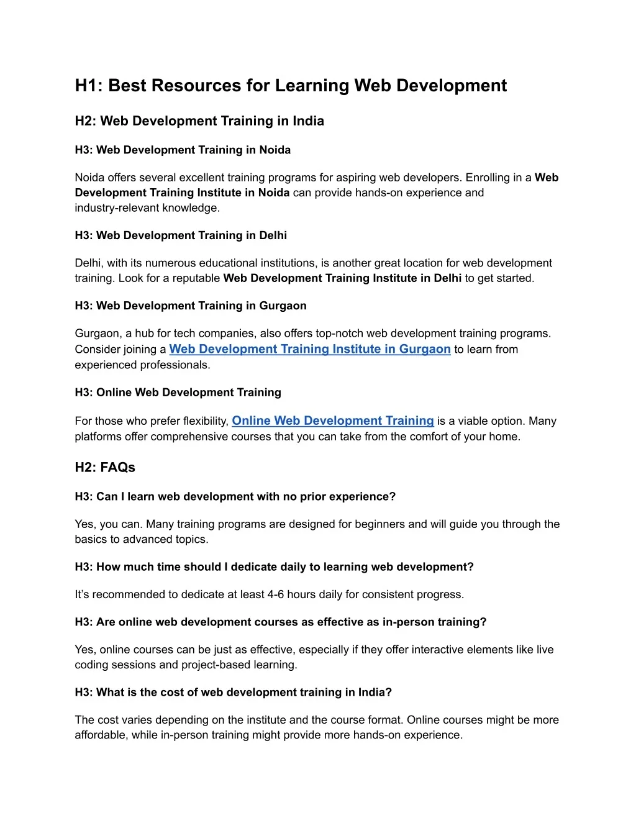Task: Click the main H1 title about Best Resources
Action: pyautogui.click(x=291, y=86)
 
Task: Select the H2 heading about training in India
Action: pyautogui.click(x=199, y=121)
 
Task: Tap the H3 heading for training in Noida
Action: pyautogui.click(x=183, y=150)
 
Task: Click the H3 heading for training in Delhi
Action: pyautogui.click(x=181, y=235)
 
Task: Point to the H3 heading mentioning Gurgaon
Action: pyautogui.click(x=191, y=306)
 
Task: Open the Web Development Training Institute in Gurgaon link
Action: pyautogui.click(x=310, y=349)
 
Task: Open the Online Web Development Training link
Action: pyautogui.click(x=333, y=421)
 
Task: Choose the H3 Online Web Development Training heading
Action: pyautogui.click(x=178, y=393)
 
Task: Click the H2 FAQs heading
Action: pyautogui.click(x=105, y=468)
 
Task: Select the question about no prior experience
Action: pyautogui.click(x=235, y=497)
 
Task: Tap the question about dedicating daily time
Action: pyautogui.click(x=274, y=567)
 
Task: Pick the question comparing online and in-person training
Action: pyautogui.click(x=281, y=622)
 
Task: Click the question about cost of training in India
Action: pyautogui.click(x=234, y=693)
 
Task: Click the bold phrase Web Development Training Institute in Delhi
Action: pyautogui.click(x=342, y=278)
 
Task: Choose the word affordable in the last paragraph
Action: pyautogui.click(x=100, y=735)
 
